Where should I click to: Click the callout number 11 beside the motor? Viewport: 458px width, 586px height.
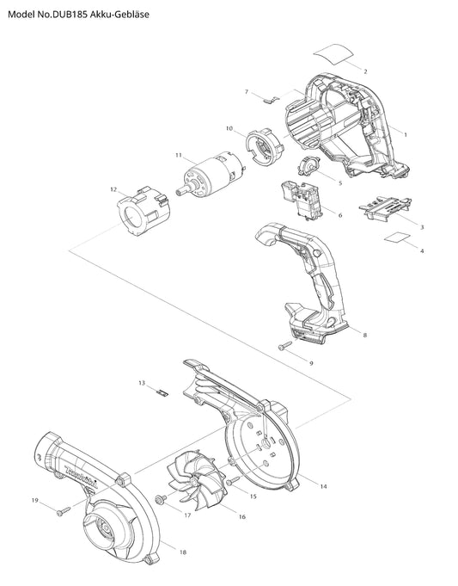click(x=179, y=155)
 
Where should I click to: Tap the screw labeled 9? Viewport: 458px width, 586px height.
click(x=285, y=345)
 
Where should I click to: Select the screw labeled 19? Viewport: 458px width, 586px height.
click(x=63, y=511)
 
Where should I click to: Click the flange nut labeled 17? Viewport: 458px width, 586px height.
click(x=161, y=498)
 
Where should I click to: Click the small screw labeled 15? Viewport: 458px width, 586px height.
click(x=233, y=480)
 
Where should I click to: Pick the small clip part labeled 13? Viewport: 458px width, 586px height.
click(x=162, y=392)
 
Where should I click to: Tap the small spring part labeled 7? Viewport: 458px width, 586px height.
click(x=272, y=100)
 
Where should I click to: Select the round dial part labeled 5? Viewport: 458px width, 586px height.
click(x=309, y=166)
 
